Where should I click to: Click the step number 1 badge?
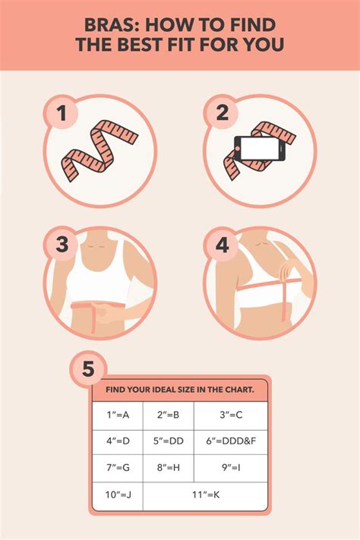tap(64, 115)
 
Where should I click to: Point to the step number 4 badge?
tap(222, 245)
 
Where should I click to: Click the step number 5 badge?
tap(88, 370)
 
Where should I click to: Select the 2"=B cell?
tap(168, 415)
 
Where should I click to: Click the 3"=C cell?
tap(230, 415)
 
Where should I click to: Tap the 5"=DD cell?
tap(168, 441)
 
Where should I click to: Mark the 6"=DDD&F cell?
tap(230, 441)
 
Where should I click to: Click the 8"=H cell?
tap(168, 467)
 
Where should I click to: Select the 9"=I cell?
tap(230, 467)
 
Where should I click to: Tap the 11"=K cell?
tap(205, 494)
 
